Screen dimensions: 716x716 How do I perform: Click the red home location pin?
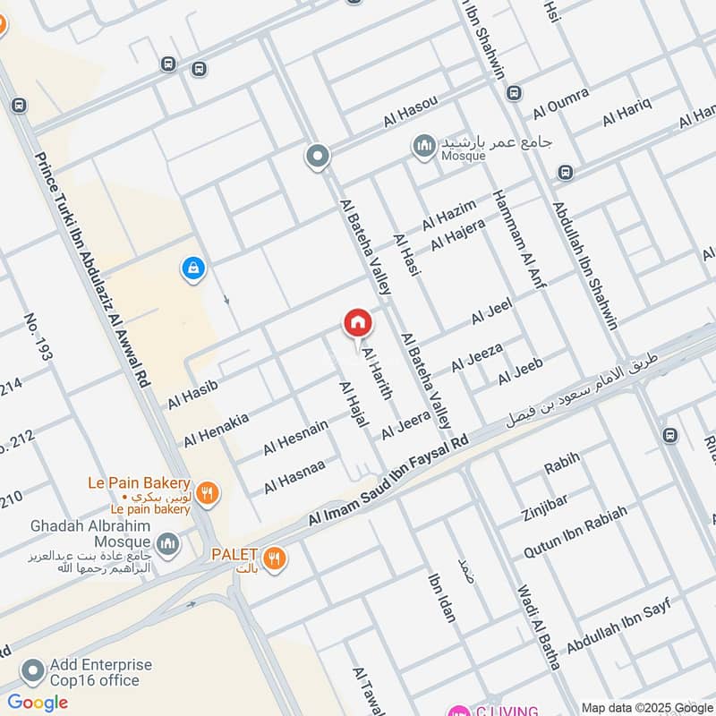click(357, 323)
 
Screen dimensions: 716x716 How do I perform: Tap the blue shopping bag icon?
click(192, 268)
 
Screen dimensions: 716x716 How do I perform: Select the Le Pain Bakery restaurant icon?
click(208, 491)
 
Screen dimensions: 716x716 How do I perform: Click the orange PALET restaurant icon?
click(277, 557)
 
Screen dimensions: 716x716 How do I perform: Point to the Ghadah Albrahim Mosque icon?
click(167, 543)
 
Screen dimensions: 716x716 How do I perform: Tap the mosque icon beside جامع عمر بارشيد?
click(423, 145)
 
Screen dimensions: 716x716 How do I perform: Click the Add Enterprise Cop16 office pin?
click(33, 671)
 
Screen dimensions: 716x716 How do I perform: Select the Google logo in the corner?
click(37, 702)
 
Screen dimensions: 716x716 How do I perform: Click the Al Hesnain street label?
click(295, 437)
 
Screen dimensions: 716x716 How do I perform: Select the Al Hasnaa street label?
click(294, 475)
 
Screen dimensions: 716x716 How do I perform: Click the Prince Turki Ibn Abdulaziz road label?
click(89, 268)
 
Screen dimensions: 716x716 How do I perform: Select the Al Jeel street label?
click(491, 313)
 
